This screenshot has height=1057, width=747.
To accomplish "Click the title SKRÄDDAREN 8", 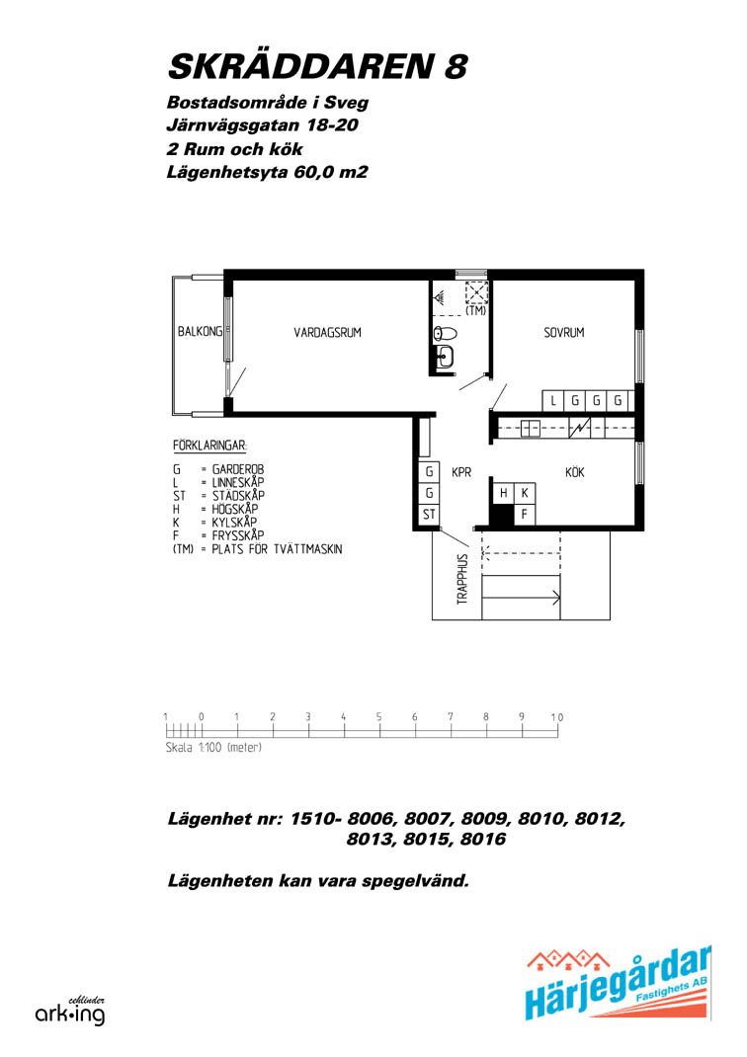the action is click(x=317, y=65).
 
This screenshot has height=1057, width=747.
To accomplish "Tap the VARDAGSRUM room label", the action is click(x=328, y=332).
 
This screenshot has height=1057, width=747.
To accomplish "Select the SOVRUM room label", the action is click(x=563, y=332).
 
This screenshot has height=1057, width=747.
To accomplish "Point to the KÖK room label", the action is click(x=574, y=471).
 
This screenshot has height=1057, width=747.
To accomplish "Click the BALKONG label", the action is click(x=200, y=331).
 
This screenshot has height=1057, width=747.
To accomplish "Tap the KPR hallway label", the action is click(x=461, y=472).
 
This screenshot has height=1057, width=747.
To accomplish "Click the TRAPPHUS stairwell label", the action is click(x=462, y=579).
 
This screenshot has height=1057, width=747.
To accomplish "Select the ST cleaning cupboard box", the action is click(x=429, y=515).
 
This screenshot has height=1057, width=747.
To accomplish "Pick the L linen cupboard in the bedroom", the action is click(x=553, y=401).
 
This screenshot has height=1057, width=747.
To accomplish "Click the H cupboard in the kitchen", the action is click(x=504, y=494).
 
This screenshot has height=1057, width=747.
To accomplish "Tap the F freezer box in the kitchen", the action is click(x=525, y=515).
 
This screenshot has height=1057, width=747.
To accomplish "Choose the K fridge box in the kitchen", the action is click(x=525, y=494).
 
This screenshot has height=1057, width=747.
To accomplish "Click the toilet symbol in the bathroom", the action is click(x=445, y=332).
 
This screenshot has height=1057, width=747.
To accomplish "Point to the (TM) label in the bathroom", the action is click(x=476, y=311).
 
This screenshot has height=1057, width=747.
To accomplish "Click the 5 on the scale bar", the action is click(x=378, y=716).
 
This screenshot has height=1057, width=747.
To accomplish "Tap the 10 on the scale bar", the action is click(x=556, y=716).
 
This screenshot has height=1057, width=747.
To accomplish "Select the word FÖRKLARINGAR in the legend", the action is click(x=209, y=446).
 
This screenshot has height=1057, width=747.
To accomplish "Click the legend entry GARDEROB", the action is click(x=238, y=469).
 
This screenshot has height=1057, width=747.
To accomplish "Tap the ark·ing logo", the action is click(x=70, y=1012).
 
